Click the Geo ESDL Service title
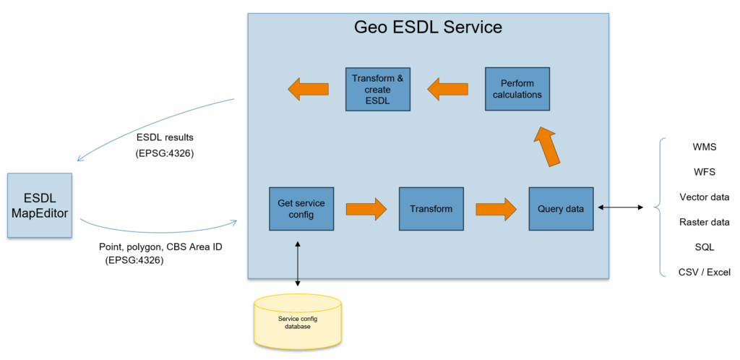pos(428,28)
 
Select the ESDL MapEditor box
pos(40,205)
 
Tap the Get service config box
pos(301,209)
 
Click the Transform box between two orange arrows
pos(431,209)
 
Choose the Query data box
pos(560,209)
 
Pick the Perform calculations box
pos(517,88)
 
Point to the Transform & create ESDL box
pos(378,89)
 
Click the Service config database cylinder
pos(297,322)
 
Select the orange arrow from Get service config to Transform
pos(366,209)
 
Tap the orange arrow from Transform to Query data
pos(496,209)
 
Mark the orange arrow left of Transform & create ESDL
pos(308,90)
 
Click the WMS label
pos(704,147)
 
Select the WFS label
pos(704,172)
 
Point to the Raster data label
pos(704,222)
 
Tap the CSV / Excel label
pos(704,272)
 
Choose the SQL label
pos(704,247)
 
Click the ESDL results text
pos(165,137)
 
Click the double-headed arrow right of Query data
pos(621,208)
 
